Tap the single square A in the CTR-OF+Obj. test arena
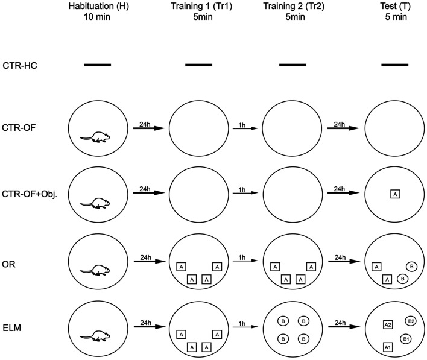(x=394, y=194)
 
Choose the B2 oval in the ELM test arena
(x=411, y=321)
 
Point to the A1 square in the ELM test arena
(x=388, y=347)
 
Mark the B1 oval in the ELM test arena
(x=406, y=339)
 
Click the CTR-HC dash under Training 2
(x=293, y=64)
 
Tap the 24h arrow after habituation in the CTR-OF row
(x=147, y=128)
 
